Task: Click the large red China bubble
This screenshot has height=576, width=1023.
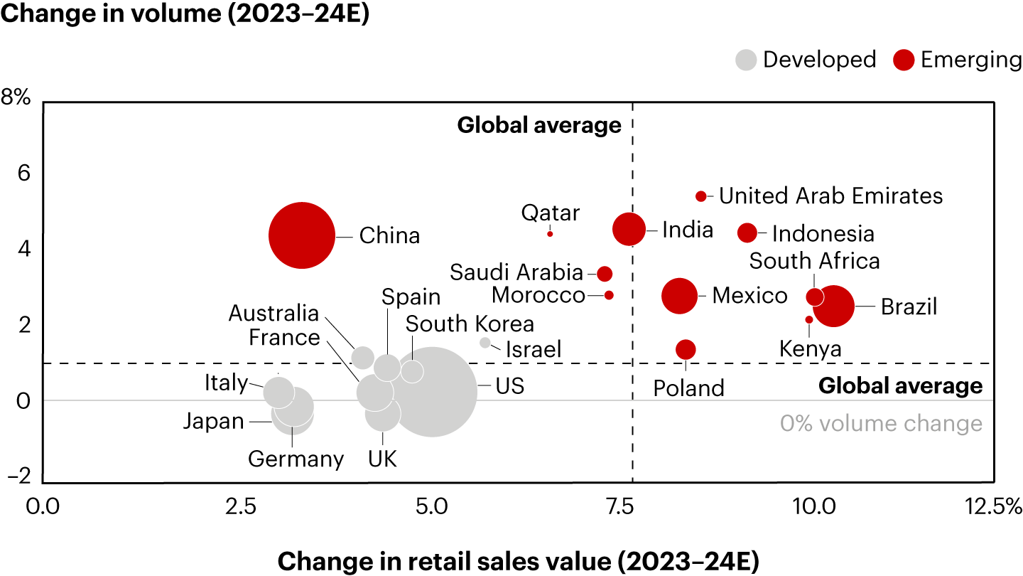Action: pyautogui.click(x=301, y=235)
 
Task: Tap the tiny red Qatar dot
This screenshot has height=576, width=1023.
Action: pyautogui.click(x=550, y=233)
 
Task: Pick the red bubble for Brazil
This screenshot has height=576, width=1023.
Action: pyautogui.click(x=834, y=306)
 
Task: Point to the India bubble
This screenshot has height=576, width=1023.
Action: pyautogui.click(x=629, y=230)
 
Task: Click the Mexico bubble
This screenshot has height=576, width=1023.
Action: pyautogui.click(x=680, y=296)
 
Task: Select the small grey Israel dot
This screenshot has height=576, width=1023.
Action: pyautogui.click(x=485, y=343)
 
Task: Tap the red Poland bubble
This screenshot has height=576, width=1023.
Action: pyautogui.click(x=686, y=349)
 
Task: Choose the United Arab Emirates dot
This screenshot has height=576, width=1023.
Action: pyautogui.click(x=701, y=196)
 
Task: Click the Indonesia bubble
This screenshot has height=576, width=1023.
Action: pyautogui.click(x=747, y=233)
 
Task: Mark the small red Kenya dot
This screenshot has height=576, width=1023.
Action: pyautogui.click(x=808, y=320)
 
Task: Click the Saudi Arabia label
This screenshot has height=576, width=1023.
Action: pyautogui.click(x=516, y=272)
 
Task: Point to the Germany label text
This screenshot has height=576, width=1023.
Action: pyautogui.click(x=296, y=459)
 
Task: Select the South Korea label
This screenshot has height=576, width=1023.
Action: pyautogui.click(x=470, y=324)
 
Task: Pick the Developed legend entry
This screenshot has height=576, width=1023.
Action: pyautogui.click(x=806, y=60)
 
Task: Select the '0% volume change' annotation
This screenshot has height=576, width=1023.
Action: pyautogui.click(x=881, y=424)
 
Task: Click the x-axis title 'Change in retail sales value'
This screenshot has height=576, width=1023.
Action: pyautogui.click(x=518, y=562)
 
